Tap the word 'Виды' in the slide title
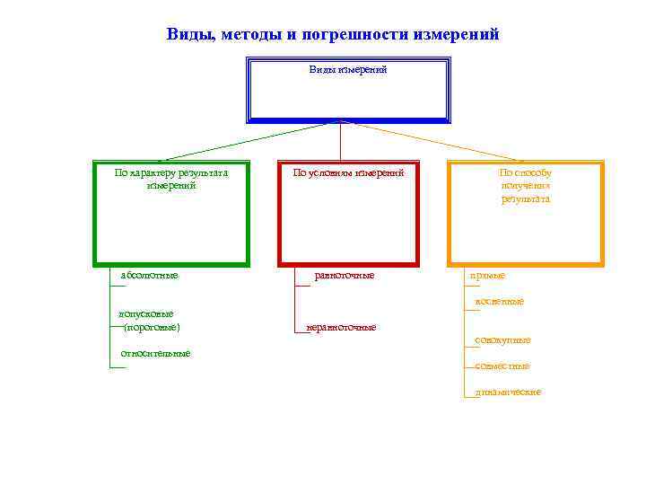tap(186, 35)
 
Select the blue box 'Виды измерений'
tap(348, 90)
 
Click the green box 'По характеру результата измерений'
tap(170, 214)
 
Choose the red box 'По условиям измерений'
tap(348, 214)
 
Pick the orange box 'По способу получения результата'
tap(526, 214)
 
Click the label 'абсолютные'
tap(149, 275)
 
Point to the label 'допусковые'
tap(145, 314)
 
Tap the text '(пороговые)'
tap(152, 327)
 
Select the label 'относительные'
tap(155, 353)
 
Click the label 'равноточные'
tap(344, 275)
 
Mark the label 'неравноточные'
tap(341, 327)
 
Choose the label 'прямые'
tap(487, 276)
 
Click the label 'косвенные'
tap(499, 302)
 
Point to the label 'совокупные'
tap(502, 340)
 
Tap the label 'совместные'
tap(502, 366)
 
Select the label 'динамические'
tap(508, 392)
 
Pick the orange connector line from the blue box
tap(431, 141)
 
